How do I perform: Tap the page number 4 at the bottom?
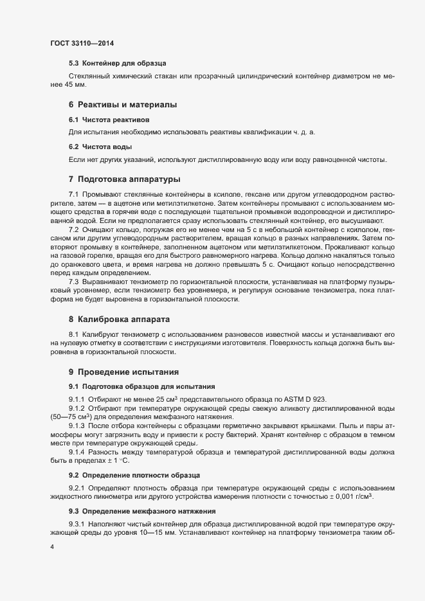[51, 547]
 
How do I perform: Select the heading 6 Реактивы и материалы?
[122, 104]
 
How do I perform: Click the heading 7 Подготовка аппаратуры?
[124, 178]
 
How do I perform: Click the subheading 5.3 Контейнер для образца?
[117, 64]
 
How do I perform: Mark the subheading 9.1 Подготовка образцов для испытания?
[141, 386]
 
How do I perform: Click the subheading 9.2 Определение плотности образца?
[134, 474]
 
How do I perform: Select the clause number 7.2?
[73, 229]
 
